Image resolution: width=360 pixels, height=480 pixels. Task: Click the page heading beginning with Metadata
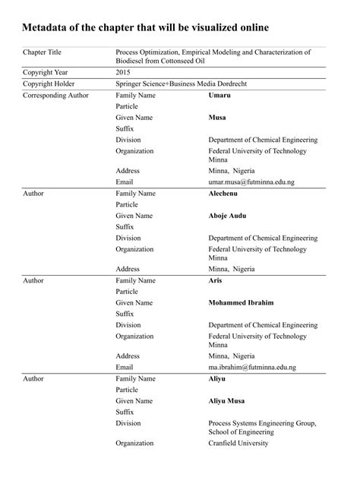[145, 28]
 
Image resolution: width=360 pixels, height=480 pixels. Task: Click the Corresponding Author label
[56, 96]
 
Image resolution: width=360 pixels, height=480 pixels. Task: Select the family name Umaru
[221, 96]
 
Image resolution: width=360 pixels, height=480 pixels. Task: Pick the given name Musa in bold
[219, 118]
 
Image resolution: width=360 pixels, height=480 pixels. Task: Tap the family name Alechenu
[226, 194]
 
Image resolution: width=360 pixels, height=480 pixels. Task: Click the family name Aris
[216, 280]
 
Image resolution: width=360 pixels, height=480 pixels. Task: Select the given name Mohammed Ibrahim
[242, 302]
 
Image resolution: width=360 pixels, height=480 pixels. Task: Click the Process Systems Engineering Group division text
[262, 422]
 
